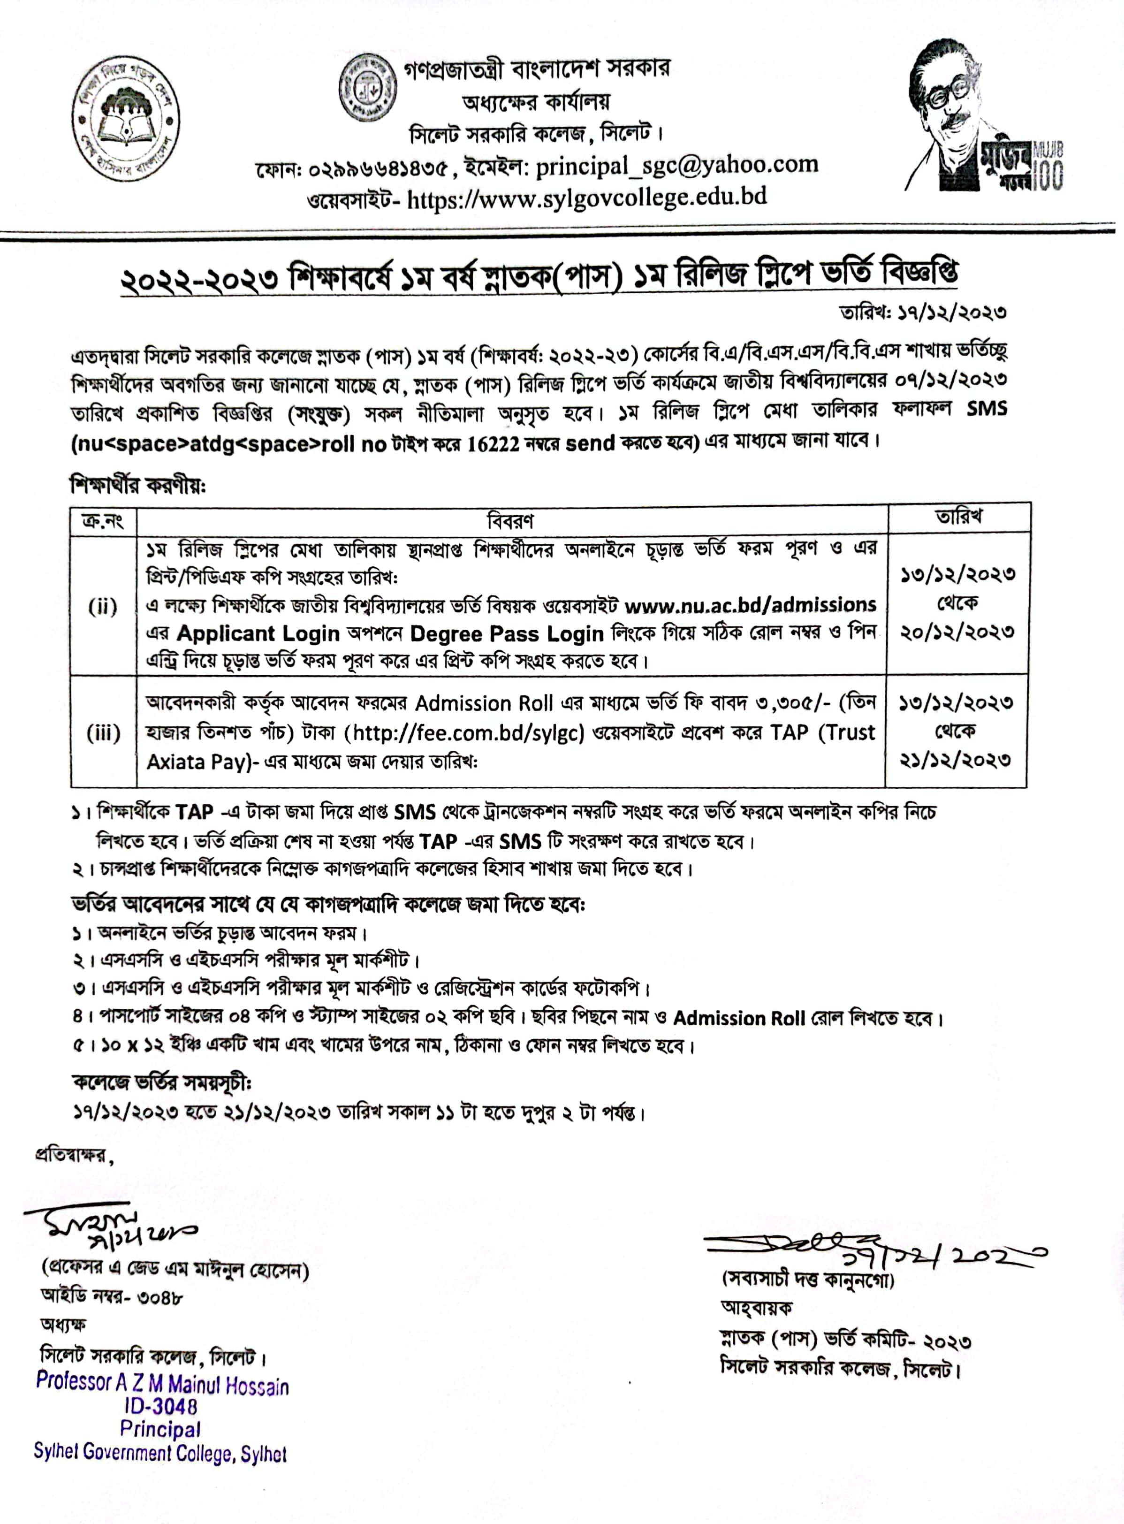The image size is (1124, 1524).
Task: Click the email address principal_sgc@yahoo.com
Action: [676, 165]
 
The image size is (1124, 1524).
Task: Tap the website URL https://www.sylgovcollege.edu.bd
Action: [586, 197]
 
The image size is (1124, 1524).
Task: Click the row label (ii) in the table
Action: [103, 606]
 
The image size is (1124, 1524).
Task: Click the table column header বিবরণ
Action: [510, 521]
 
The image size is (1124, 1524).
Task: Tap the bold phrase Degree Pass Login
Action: [507, 634]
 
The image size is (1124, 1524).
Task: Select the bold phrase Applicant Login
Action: [258, 634]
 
